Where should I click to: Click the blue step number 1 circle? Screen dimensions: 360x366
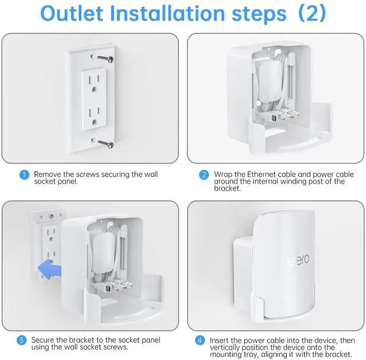point(23,175)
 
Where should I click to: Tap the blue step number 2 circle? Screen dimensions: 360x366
point(204,175)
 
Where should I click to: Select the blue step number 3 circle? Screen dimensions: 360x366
point(22,340)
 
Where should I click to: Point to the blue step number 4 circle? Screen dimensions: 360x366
point(199,340)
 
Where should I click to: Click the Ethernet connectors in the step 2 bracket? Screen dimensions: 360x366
point(286,115)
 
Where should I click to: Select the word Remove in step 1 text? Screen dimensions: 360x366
point(47,174)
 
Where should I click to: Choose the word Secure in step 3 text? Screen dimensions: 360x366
point(44,339)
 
